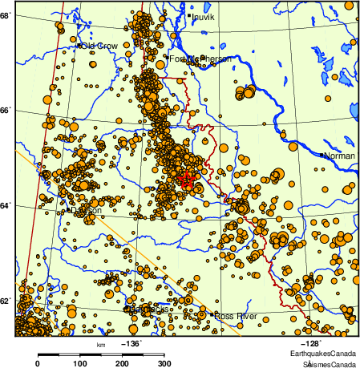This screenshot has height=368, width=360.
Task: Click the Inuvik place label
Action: click(204, 16)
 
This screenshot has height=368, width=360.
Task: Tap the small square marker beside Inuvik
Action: click(189, 15)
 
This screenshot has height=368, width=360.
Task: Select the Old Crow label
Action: click(99, 47)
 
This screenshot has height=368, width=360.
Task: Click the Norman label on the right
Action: click(340, 156)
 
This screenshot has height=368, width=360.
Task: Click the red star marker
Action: click(187, 180)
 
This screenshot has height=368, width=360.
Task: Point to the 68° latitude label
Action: click(6, 15)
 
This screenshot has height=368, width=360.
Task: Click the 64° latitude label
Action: click(6, 206)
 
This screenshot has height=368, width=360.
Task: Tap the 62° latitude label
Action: click(6, 301)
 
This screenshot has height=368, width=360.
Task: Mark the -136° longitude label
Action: click(131, 343)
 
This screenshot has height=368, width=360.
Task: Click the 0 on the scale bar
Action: click(38, 364)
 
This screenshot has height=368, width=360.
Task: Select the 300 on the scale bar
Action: click(164, 364)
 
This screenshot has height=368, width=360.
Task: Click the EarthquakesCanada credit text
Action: click(324, 354)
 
